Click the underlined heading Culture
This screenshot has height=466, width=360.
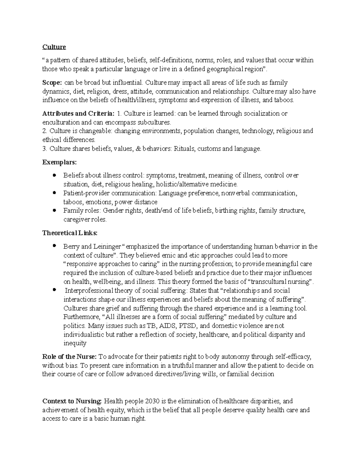tap(54, 47)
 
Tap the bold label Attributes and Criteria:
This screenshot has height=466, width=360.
tap(78, 113)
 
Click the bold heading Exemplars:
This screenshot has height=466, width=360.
tap(59, 162)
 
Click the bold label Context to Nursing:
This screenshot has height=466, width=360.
tap(72, 401)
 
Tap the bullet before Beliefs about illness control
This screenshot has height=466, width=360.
tap(54, 175)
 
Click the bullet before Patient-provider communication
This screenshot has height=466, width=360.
tap(54, 193)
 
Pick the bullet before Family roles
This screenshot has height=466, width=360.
tap(54, 210)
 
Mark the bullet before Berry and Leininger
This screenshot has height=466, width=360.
tap(54, 246)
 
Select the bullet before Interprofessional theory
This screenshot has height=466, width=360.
tap(54, 290)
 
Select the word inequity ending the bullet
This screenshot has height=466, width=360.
tap(75, 343)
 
